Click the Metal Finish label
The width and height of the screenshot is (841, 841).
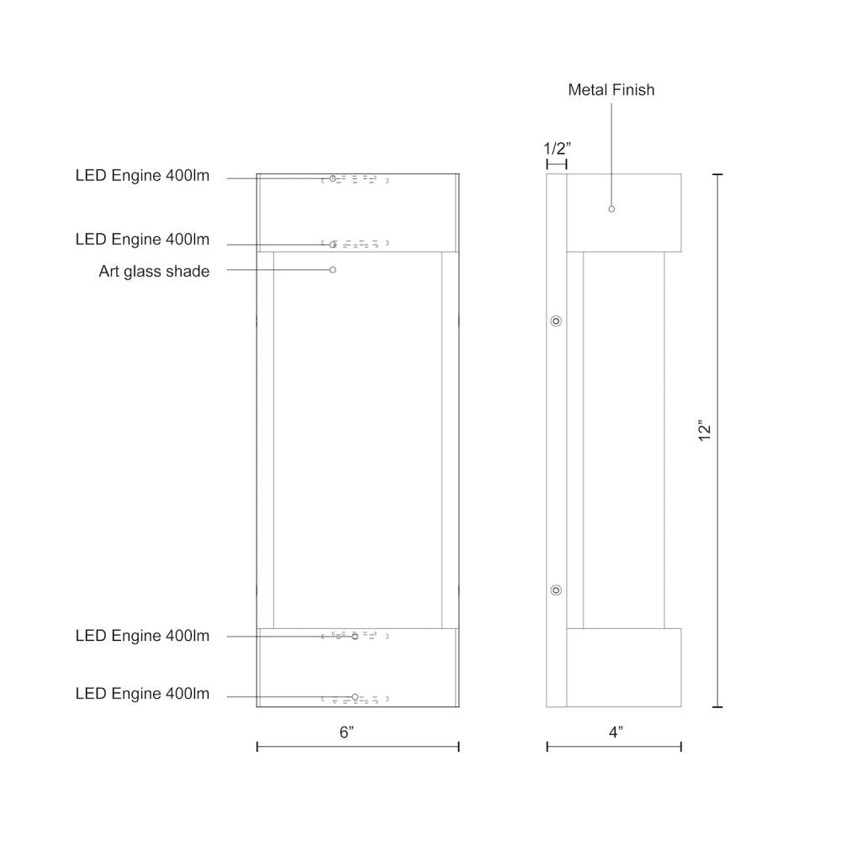point(611,90)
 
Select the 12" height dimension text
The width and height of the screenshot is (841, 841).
point(705,431)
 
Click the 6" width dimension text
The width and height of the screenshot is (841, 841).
point(347,732)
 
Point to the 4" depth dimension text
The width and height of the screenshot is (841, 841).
point(616,732)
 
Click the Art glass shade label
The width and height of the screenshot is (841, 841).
point(154,271)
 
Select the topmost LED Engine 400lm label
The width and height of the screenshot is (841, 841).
point(142,176)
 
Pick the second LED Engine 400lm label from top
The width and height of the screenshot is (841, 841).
point(142,240)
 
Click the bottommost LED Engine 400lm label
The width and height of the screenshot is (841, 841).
point(142,694)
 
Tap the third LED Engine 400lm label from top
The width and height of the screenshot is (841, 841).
point(142,636)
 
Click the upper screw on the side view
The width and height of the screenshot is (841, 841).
point(555,321)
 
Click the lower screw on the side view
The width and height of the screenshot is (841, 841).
point(555,590)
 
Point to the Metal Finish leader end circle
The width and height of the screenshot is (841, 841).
point(611,209)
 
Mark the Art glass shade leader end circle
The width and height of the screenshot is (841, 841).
point(333,270)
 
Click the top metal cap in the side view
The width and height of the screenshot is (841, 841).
point(623,213)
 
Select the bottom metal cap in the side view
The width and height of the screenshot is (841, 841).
point(623,667)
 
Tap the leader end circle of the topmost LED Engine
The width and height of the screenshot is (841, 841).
point(333,178)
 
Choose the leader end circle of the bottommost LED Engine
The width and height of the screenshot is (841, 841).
point(355,696)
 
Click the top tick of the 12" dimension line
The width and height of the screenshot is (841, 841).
point(717,174)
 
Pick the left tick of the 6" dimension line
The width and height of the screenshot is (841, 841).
point(257,746)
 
